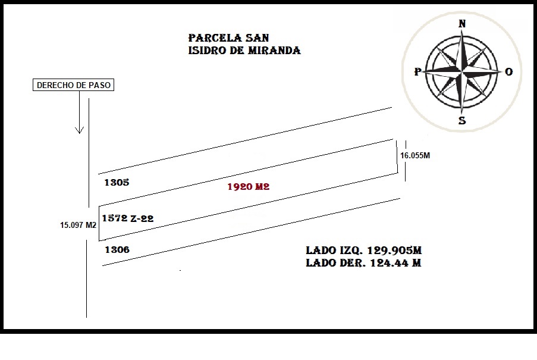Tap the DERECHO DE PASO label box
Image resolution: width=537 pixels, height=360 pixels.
[73, 85]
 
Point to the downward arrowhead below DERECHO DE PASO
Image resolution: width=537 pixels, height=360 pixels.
[80, 130]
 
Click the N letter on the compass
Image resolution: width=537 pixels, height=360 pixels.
[462, 24]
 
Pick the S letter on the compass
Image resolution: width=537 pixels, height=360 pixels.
[462, 121]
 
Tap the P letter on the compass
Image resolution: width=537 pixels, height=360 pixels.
[417, 71]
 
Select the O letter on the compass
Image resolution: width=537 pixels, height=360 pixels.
[508, 71]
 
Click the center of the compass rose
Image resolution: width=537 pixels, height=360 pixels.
[462, 72]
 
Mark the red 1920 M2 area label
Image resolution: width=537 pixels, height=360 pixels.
[249, 187]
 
